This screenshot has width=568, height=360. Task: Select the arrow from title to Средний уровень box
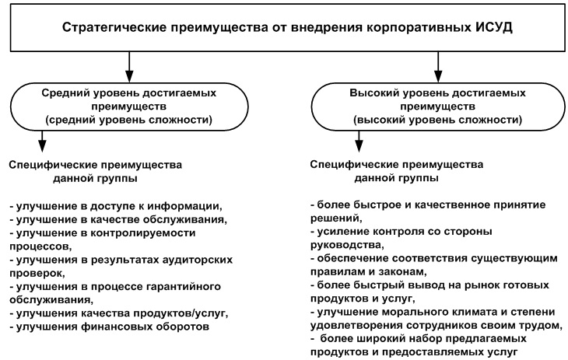129,67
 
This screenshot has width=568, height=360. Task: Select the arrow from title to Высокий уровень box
438,67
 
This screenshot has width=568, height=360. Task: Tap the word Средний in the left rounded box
65,93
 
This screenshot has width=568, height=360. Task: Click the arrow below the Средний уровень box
42,142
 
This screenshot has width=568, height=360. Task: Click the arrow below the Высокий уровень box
359,142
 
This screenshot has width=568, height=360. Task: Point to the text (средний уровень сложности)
128,120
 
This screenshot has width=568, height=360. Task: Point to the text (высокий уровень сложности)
437,120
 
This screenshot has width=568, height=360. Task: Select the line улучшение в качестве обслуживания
118,219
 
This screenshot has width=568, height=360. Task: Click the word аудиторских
198,260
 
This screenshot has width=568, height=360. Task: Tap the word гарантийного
184,287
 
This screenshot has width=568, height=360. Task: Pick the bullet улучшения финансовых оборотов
110,327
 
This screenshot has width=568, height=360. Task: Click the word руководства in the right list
347,245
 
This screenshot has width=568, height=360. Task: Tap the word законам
402,271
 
